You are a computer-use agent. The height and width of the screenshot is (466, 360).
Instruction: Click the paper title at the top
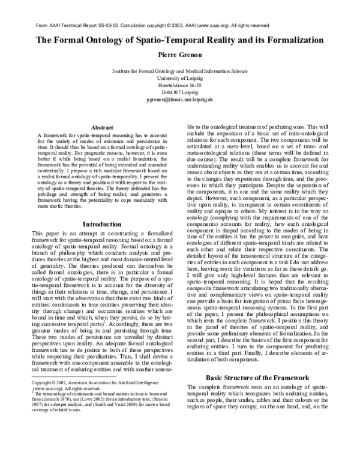click(180, 41)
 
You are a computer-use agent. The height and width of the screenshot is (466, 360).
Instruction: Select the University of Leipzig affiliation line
click(179, 79)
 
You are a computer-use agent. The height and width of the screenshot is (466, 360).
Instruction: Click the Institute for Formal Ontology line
click(179, 71)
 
